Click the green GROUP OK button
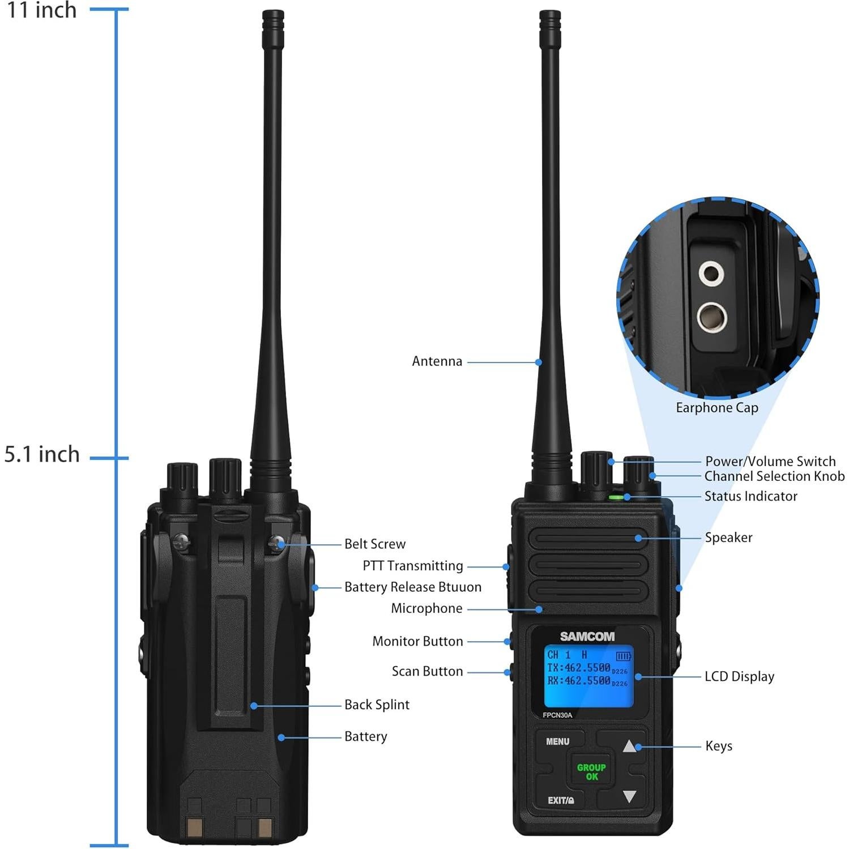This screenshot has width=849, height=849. [591, 771]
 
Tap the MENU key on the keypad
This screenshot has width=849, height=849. [557, 741]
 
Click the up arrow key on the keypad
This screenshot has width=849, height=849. [629, 746]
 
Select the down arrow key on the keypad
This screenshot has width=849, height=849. [629, 796]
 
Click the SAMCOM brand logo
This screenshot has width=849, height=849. [587, 637]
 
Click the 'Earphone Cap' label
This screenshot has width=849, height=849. [716, 408]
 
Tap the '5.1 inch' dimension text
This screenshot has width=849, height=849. [42, 455]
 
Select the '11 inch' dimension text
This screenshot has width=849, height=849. [41, 10]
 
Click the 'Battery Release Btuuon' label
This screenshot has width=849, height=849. [412, 587]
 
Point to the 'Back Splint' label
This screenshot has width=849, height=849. [377, 705]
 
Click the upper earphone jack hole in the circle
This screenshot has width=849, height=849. [710, 274]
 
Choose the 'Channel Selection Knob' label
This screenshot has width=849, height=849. [774, 476]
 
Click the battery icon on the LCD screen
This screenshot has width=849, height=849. [623, 656]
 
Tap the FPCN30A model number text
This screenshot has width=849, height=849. [557, 715]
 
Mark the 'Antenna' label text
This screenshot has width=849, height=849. [437, 361]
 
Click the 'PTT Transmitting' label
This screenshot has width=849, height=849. [412, 566]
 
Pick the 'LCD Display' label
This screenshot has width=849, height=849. [739, 676]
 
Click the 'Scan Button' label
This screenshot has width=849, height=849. [427, 671]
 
